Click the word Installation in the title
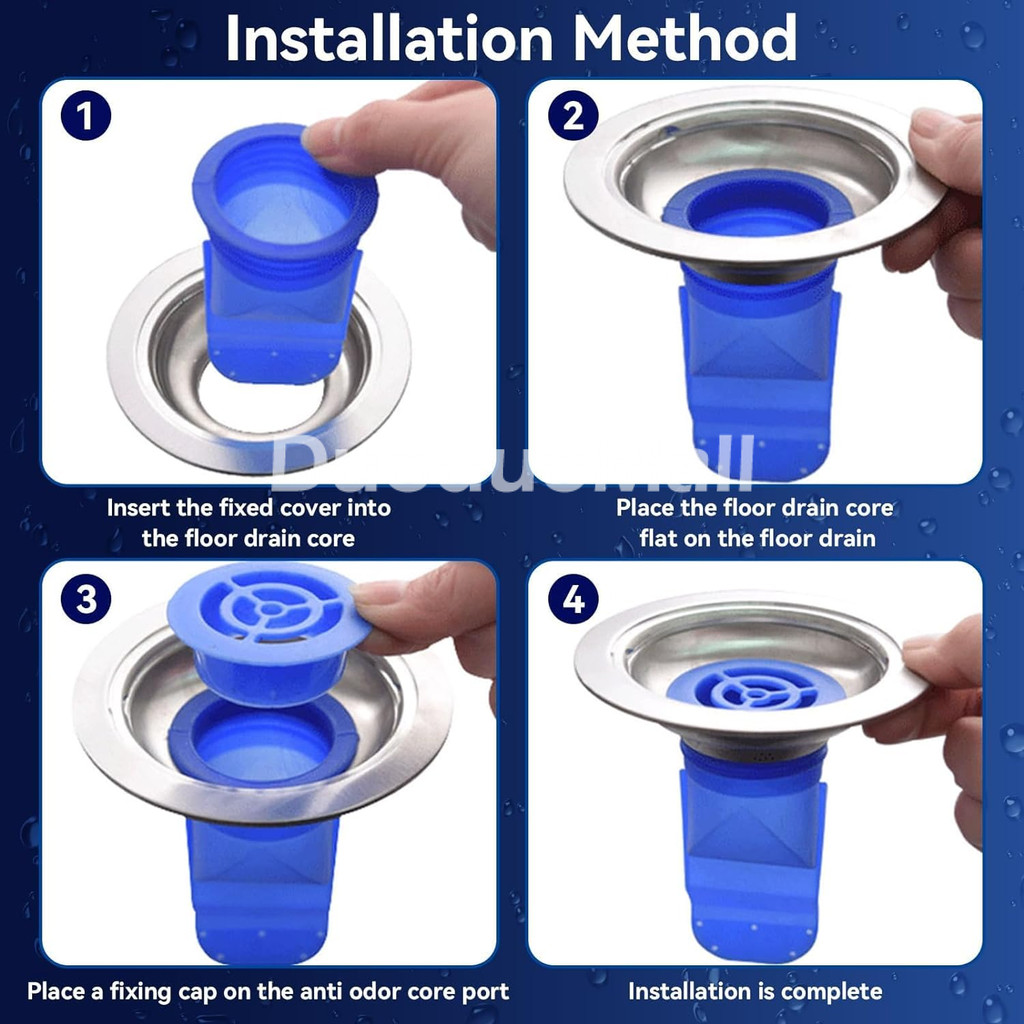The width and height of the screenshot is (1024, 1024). (390, 39)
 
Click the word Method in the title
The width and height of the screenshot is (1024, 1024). (685, 39)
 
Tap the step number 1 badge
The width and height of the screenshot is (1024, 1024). (86, 116)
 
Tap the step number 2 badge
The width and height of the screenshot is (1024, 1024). (573, 116)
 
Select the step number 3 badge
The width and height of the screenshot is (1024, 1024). (86, 599)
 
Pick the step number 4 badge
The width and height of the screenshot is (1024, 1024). (573, 599)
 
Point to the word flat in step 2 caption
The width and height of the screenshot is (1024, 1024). (661, 538)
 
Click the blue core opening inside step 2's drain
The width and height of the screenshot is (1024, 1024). (758, 209)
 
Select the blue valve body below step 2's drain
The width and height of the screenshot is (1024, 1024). (759, 372)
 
